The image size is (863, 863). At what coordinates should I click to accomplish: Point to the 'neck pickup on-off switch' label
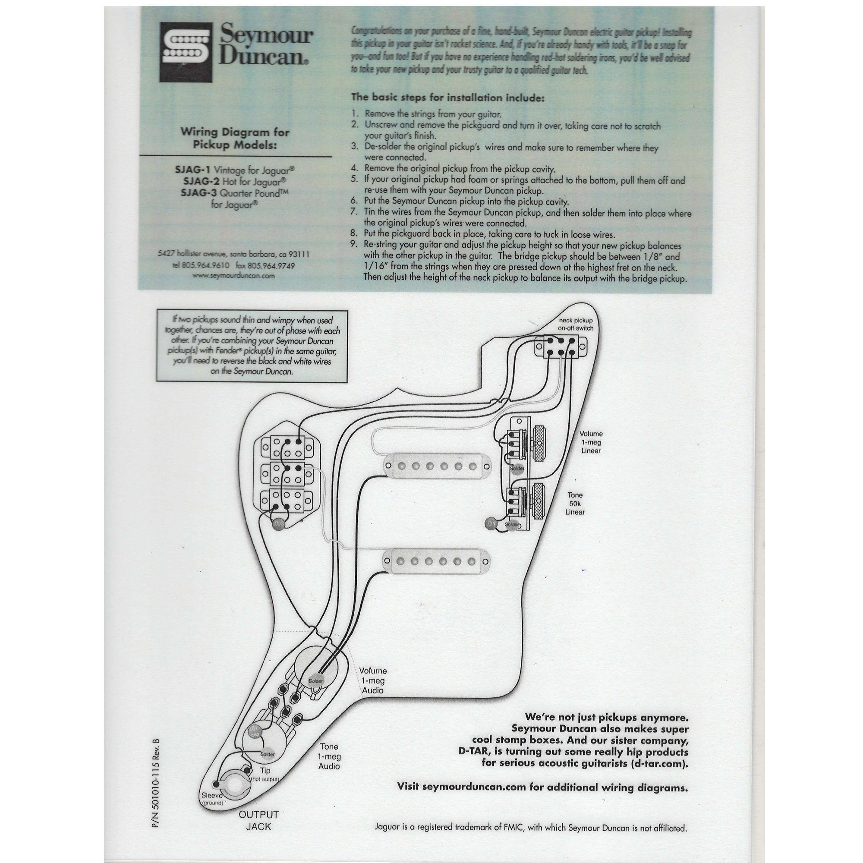coord(575,324)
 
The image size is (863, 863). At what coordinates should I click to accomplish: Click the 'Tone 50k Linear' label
coord(575,504)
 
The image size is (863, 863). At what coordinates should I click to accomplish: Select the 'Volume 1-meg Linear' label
coord(591,442)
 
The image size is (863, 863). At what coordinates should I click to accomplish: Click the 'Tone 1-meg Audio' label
coord(329,756)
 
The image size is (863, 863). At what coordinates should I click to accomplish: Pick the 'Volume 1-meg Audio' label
coord(373,681)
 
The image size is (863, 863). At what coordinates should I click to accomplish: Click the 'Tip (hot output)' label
coord(265,774)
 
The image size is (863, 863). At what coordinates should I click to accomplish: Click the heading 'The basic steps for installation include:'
coord(447,98)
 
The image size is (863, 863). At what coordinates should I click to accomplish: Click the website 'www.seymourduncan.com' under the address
coord(233,276)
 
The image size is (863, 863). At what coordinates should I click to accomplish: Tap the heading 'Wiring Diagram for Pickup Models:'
coord(235,139)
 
